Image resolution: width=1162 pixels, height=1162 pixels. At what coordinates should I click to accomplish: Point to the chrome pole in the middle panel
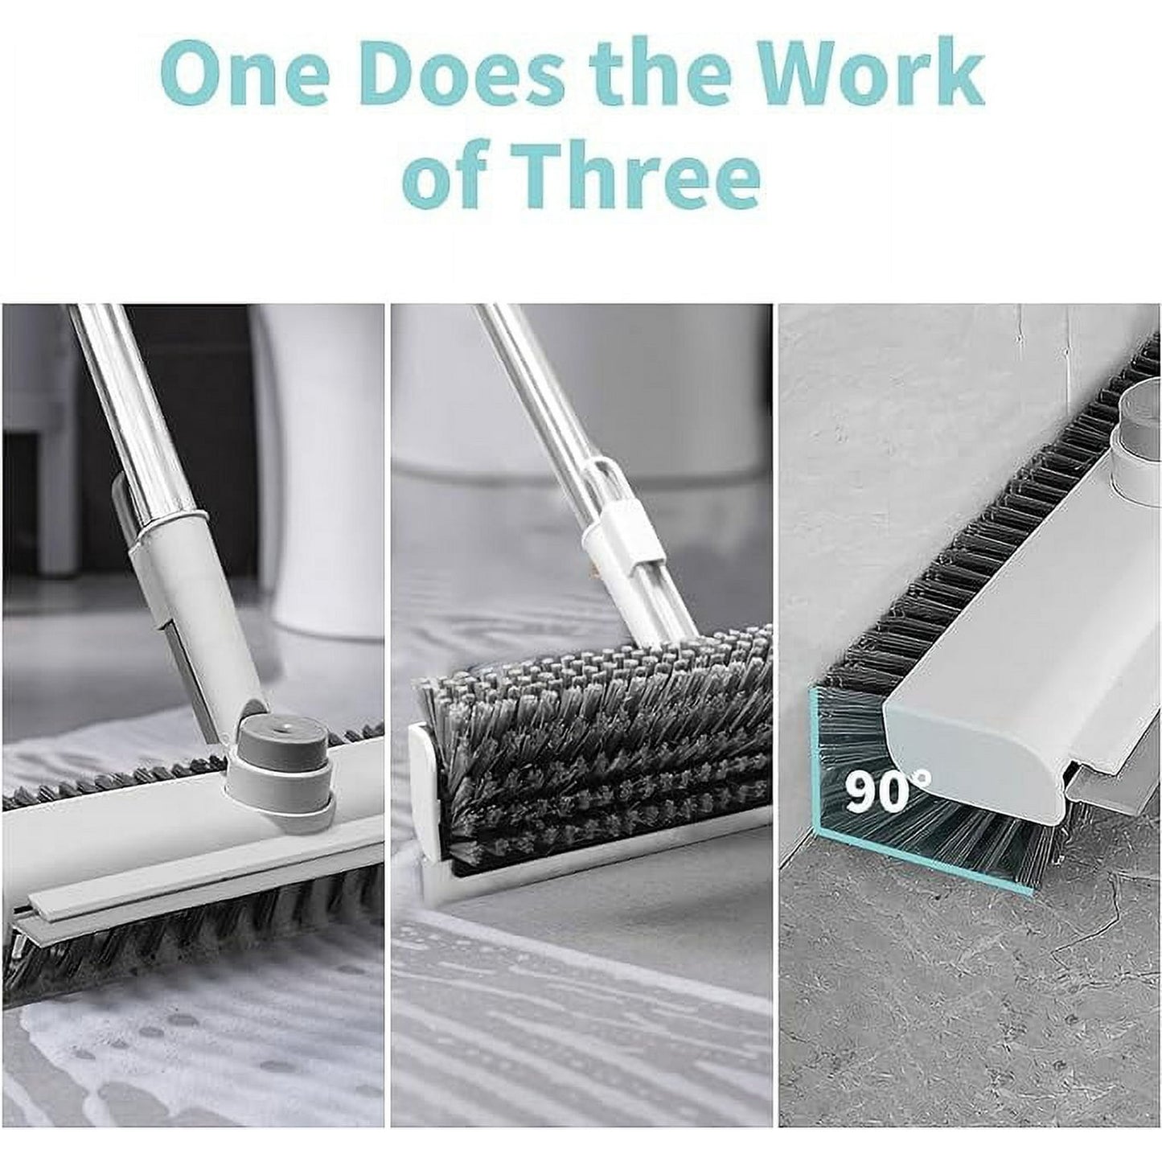click(x=531, y=402)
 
